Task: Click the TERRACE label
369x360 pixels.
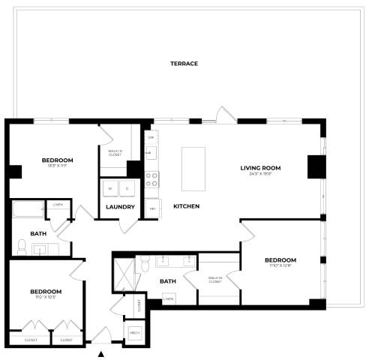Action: (184, 64)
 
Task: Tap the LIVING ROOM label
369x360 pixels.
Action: (260, 168)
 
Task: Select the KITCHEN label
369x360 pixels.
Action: (186, 205)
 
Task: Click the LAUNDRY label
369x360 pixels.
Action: (121, 207)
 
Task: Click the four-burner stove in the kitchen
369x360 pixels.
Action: (151, 178)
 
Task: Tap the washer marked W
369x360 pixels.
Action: (111, 189)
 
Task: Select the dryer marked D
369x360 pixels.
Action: (127, 189)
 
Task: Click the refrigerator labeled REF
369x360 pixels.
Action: (152, 208)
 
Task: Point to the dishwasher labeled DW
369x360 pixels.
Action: (151, 138)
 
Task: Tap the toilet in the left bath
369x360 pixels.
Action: (20, 248)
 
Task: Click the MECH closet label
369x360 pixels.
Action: (136, 331)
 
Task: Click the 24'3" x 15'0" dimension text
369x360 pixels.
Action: (260, 175)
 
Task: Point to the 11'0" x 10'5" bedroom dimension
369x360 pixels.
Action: (46, 298)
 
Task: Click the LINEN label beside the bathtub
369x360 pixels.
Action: (56, 205)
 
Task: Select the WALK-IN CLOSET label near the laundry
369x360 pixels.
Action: (115, 154)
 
